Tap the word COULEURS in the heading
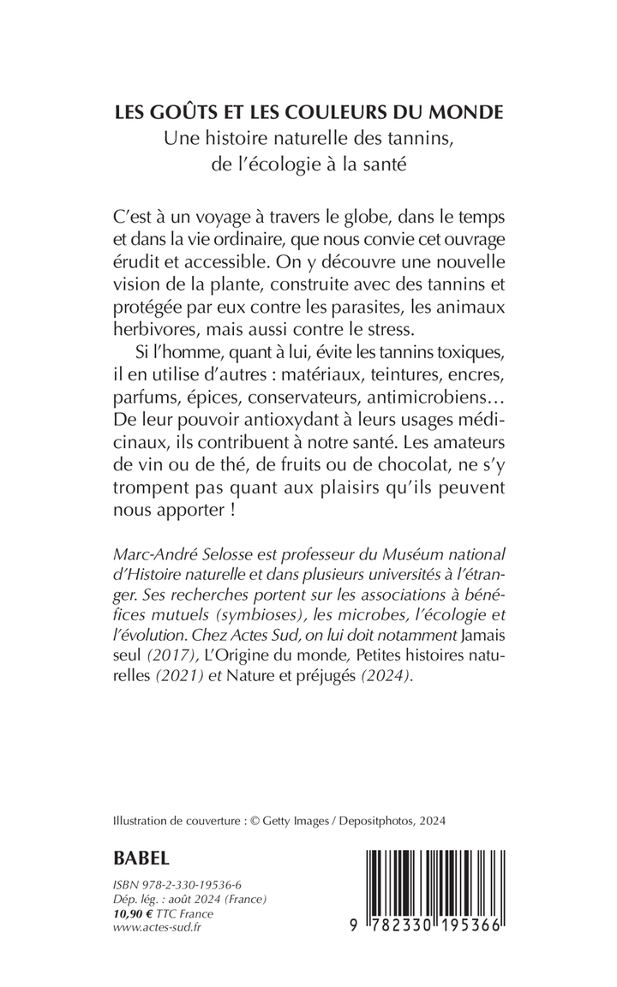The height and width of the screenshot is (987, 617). (348, 112)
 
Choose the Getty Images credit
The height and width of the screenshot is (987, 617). (298, 820)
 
